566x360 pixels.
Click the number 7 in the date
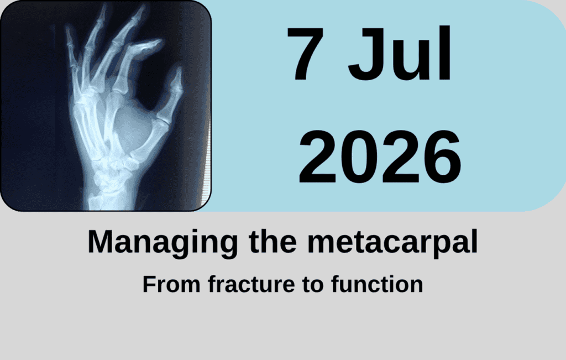305,54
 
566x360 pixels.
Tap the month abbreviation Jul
399,54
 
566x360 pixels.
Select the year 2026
380,157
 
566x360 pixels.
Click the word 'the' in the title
272,241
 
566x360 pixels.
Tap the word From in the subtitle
171,284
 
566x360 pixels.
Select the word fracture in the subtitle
251,284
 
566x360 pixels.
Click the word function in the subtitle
377,284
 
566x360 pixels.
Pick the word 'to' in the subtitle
313,285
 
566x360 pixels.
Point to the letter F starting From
149,284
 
